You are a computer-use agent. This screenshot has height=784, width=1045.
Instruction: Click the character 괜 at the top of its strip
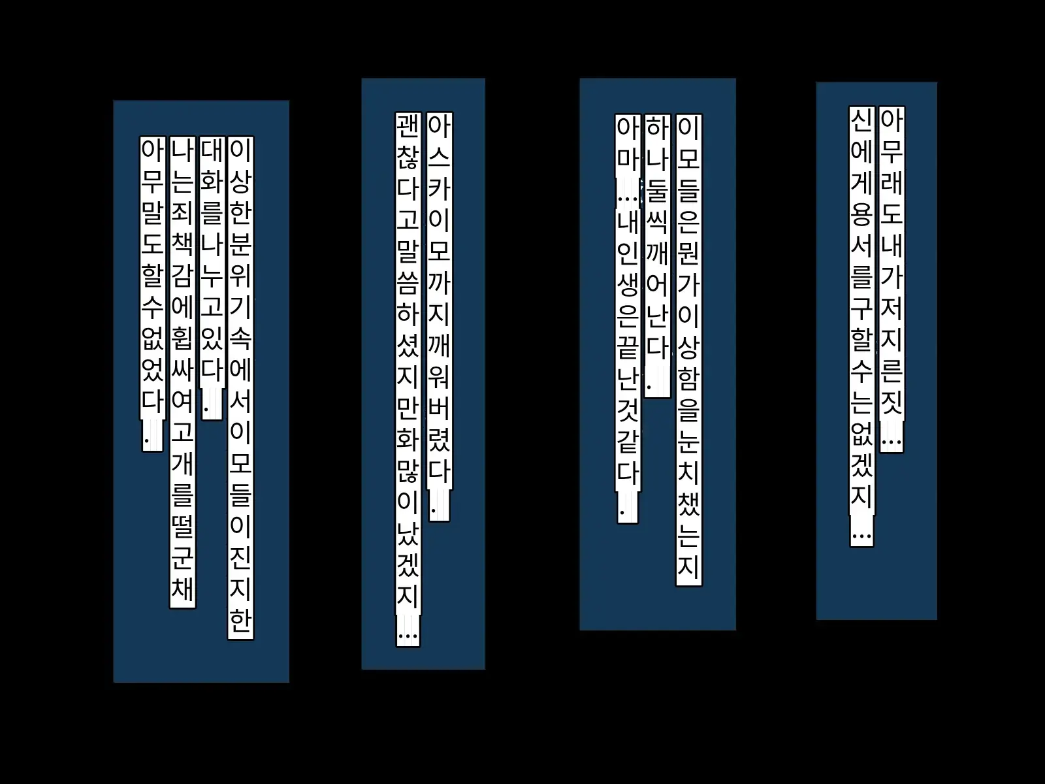click(x=408, y=127)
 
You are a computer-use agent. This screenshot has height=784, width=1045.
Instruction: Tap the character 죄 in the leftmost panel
click(x=182, y=212)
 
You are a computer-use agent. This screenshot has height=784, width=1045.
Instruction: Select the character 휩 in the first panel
click(x=182, y=338)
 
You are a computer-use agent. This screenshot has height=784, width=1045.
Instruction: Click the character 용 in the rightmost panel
click(x=861, y=215)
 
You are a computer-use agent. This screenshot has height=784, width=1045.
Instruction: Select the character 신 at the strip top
click(x=861, y=121)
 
